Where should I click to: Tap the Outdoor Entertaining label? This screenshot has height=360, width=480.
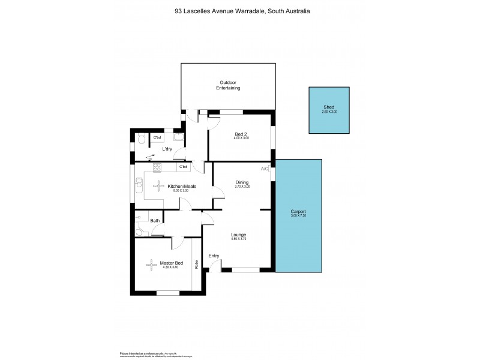pyautogui.click(x=228, y=85)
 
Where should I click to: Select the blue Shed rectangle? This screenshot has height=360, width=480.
pyautogui.click(x=329, y=110)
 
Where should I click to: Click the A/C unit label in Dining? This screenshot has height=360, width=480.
pyautogui.click(x=265, y=169)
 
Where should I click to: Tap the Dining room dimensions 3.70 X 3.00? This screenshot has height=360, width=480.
pyautogui.click(x=242, y=187)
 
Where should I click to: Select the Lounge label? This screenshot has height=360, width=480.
pyautogui.click(x=238, y=235)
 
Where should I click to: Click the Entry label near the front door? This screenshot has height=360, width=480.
pyautogui.click(x=214, y=256)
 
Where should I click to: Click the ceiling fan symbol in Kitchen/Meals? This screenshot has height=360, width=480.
pyautogui.click(x=158, y=186)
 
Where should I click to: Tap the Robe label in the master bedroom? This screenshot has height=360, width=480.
pyautogui.click(x=196, y=263)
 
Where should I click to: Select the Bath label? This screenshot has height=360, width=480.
pyautogui.click(x=155, y=221)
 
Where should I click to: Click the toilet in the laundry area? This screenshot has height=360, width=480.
pyautogui.click(x=140, y=139)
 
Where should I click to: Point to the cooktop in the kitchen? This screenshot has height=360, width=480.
pyautogui.click(x=157, y=167)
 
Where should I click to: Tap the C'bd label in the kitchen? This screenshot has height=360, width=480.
pyautogui.click(x=184, y=166)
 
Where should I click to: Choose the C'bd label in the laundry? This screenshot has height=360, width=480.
pyautogui.click(x=157, y=138)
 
